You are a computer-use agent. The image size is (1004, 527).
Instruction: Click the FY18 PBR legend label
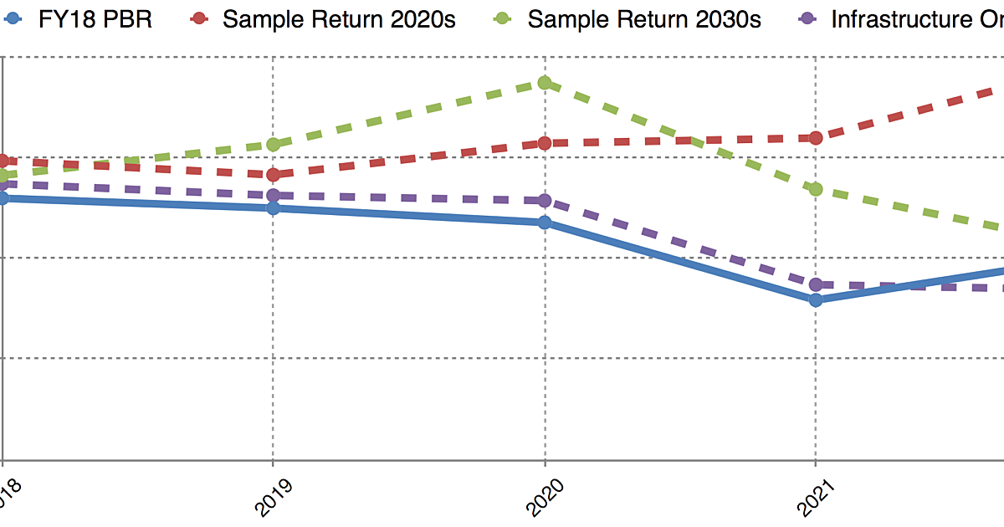pos(95,19)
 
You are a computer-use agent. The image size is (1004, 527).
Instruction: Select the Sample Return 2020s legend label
pos(339,19)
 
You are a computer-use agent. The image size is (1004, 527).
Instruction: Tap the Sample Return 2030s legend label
pos(644,19)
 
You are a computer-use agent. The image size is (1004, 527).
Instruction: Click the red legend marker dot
pos(198,19)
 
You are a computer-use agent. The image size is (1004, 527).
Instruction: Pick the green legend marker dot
pos(503,19)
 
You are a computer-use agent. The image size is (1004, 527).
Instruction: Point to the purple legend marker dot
pos(807,19)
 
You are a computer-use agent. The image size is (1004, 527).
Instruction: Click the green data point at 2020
pos(545,82)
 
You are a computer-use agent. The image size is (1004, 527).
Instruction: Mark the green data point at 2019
pos(273,145)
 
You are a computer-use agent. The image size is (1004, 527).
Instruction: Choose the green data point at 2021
pos(816,189)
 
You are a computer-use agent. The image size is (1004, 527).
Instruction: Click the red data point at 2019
pos(273,174)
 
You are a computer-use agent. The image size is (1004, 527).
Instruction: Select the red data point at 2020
pos(545,143)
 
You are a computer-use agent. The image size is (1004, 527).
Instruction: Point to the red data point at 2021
pos(816,137)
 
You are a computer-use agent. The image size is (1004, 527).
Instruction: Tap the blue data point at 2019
pos(273,207)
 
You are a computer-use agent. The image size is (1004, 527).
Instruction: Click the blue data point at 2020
pos(545,223)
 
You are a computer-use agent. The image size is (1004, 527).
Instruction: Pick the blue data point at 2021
pos(816,299)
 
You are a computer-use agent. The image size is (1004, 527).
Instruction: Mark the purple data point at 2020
pos(545,201)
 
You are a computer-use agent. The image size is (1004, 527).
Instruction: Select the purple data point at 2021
pos(816,284)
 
